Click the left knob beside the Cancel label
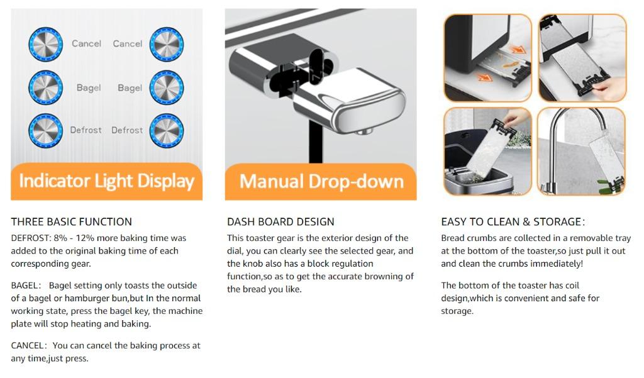[x=45, y=44]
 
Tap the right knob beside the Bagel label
[x=166, y=87]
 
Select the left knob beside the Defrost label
[x=45, y=131]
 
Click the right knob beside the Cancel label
[x=166, y=44]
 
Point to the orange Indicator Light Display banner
[x=107, y=182]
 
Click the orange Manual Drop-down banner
[x=321, y=182]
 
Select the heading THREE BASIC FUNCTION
[x=72, y=222]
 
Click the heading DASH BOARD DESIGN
[x=280, y=222]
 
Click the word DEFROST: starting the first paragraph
[x=31, y=238]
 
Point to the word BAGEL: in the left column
[x=26, y=286]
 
